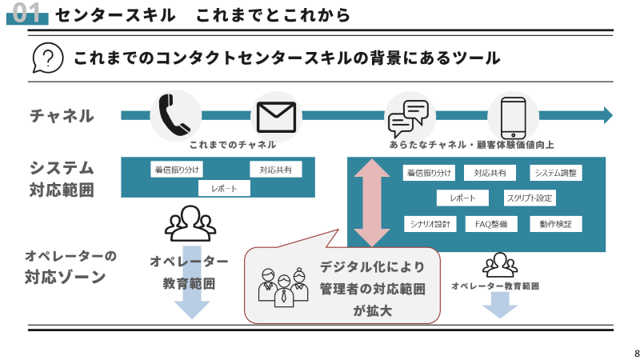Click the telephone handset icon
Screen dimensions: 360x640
click(174, 116)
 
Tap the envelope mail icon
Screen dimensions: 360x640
click(276, 117)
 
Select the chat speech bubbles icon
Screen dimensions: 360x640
click(408, 118)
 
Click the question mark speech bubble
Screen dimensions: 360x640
click(48, 58)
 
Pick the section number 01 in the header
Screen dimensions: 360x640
click(29, 13)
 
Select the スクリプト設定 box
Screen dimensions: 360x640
click(530, 198)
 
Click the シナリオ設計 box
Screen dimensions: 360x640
click(430, 224)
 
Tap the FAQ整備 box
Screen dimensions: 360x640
click(490, 224)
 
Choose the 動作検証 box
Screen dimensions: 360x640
click(555, 224)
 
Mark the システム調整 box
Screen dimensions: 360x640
click(558, 173)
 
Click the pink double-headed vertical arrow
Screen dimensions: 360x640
click(372, 202)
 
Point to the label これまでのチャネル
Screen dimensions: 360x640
click(233, 145)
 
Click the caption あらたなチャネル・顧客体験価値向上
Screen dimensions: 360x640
click(472, 145)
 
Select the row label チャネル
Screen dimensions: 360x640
click(62, 116)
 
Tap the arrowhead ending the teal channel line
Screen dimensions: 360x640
click(608, 115)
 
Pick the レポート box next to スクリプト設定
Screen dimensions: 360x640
click(463, 198)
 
